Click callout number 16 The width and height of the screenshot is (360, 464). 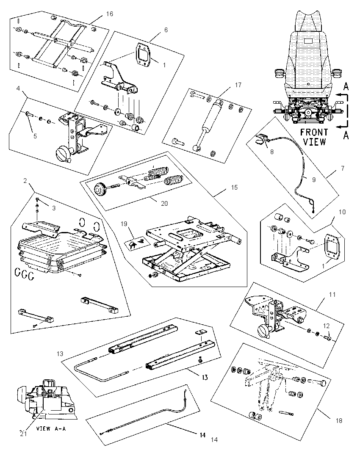110,14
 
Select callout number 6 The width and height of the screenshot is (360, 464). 166,30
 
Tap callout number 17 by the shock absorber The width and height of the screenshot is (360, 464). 238,85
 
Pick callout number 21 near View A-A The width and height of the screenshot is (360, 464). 23,434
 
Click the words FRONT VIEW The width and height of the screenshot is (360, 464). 314,137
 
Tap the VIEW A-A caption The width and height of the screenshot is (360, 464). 51,428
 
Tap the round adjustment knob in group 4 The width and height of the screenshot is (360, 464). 62,154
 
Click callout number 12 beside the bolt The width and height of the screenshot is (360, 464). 326,326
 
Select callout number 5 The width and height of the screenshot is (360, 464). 35,136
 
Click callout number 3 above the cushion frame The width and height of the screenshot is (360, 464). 54,208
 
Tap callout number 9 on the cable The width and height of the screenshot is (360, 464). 314,180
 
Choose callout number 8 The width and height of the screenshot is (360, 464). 272,152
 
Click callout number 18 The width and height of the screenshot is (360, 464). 339,420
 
